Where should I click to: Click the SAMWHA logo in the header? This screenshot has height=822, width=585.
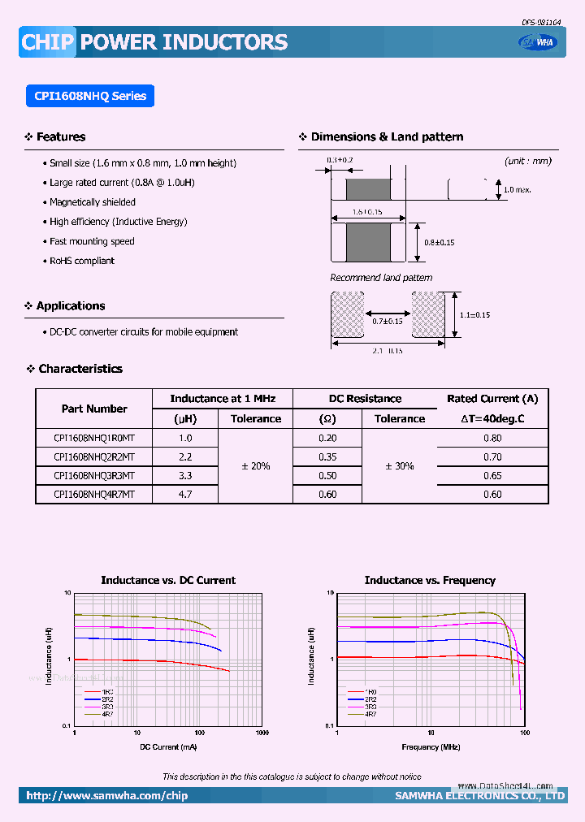point(539,43)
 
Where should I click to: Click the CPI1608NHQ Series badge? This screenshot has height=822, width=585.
point(90,96)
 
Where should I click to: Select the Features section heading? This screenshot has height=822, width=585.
point(60,137)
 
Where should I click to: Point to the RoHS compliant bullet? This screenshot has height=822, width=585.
point(81,261)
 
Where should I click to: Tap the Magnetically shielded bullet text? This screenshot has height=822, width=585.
point(92,202)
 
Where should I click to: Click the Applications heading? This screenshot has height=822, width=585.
point(70,306)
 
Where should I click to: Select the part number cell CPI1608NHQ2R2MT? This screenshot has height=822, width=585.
point(94,456)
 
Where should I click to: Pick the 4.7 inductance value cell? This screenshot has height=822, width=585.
point(185,494)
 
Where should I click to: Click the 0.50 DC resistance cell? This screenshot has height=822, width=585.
point(327,475)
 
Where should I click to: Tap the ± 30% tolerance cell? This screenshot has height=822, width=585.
point(399,466)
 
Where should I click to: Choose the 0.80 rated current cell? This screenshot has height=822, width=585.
point(492,438)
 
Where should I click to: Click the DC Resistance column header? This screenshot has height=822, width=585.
point(365,399)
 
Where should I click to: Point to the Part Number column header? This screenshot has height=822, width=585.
point(94,409)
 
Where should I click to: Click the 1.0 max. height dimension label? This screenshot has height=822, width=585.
point(518,189)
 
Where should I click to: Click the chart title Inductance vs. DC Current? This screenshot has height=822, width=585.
point(168,581)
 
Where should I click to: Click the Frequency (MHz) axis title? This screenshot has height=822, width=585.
point(431,746)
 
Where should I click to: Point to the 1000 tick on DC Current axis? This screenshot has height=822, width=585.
point(262,733)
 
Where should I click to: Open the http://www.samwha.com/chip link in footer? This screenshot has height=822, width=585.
point(106,796)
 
